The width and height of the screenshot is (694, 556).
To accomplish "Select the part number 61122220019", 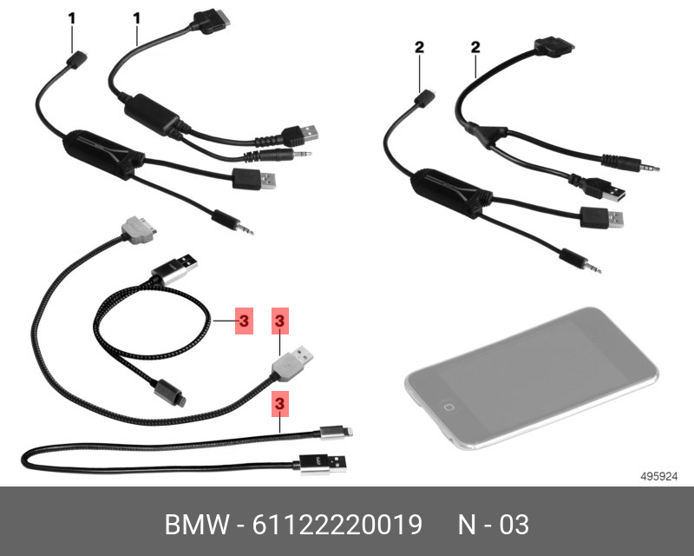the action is pyautogui.click(x=337, y=526).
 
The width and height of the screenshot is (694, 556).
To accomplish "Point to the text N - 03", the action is pyautogui.click(x=493, y=526).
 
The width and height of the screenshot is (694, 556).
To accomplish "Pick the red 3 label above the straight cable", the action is pyautogui.click(x=280, y=403).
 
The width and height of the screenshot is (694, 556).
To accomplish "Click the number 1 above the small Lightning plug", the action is pyautogui.click(x=72, y=17).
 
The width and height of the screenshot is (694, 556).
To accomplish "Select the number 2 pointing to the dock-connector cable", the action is pyautogui.click(x=475, y=48).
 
